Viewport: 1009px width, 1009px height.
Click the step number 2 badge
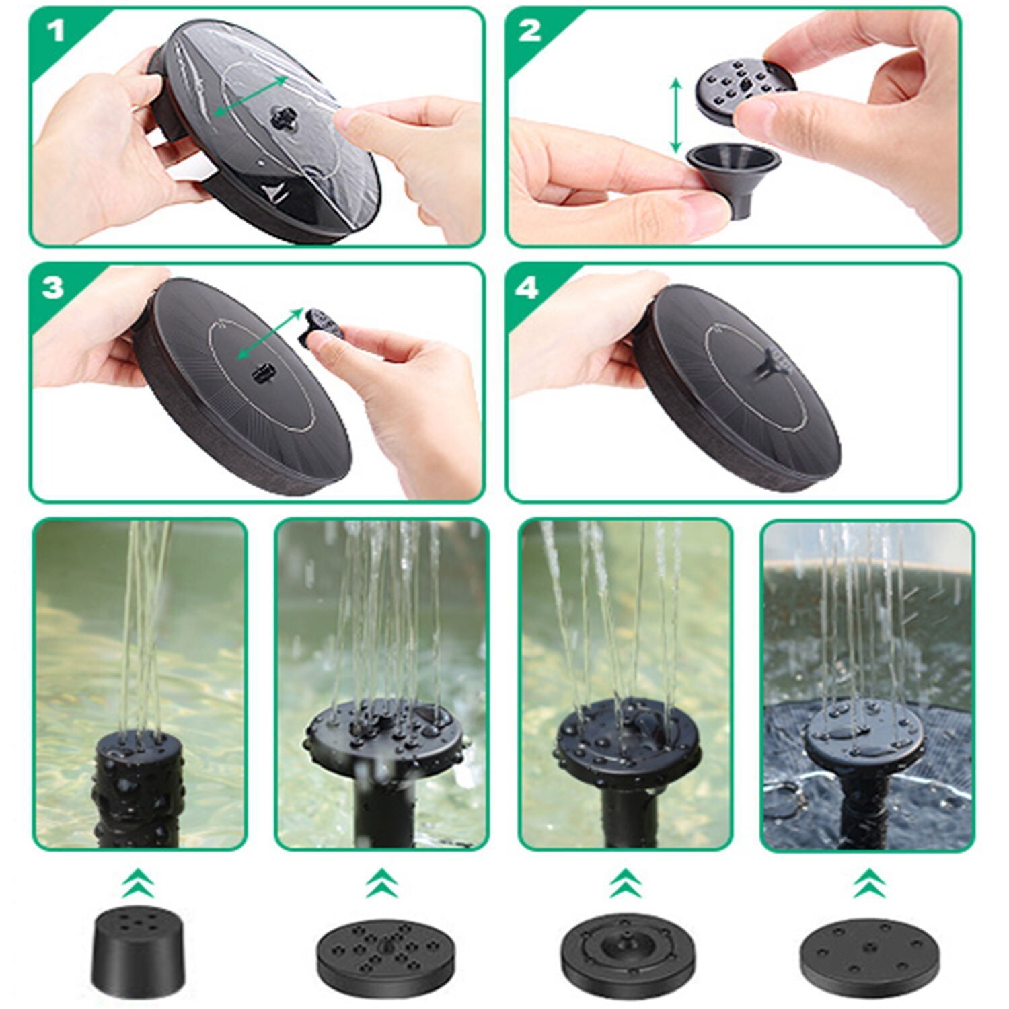click(530, 32)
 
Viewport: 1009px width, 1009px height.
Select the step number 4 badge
click(527, 287)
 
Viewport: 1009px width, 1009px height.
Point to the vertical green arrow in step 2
click(676, 114)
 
